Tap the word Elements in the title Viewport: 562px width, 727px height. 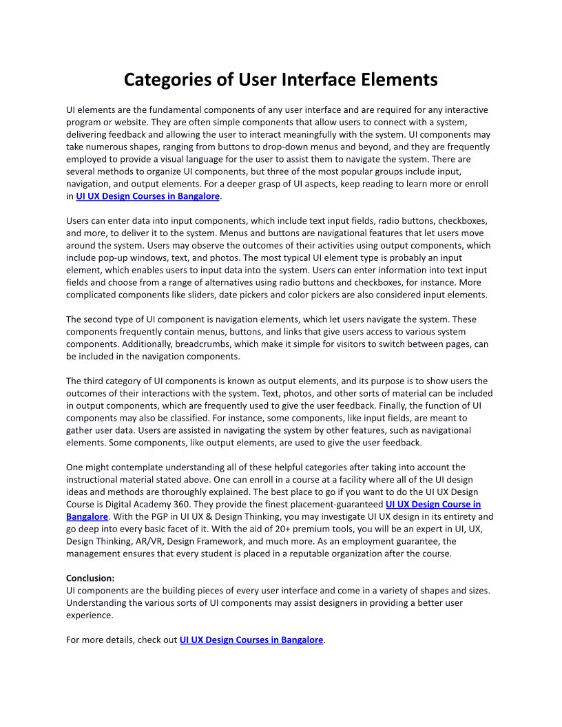coord(399,79)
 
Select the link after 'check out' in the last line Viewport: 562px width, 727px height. coord(251,640)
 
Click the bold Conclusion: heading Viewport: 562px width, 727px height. coord(90,578)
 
